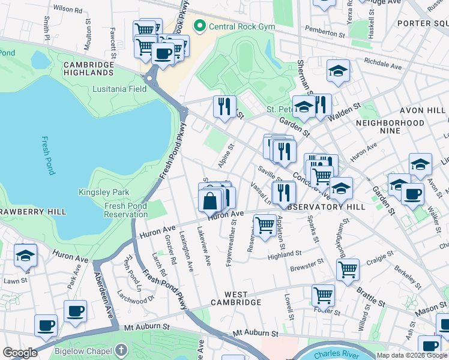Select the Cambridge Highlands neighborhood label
tap(89, 68)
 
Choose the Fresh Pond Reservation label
tap(125, 210)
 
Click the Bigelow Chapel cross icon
tap(121, 349)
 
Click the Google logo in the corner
tap(20, 353)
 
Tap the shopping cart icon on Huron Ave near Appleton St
tap(265, 226)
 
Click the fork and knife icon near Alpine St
tap(224, 107)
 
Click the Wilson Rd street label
tap(68, 10)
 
